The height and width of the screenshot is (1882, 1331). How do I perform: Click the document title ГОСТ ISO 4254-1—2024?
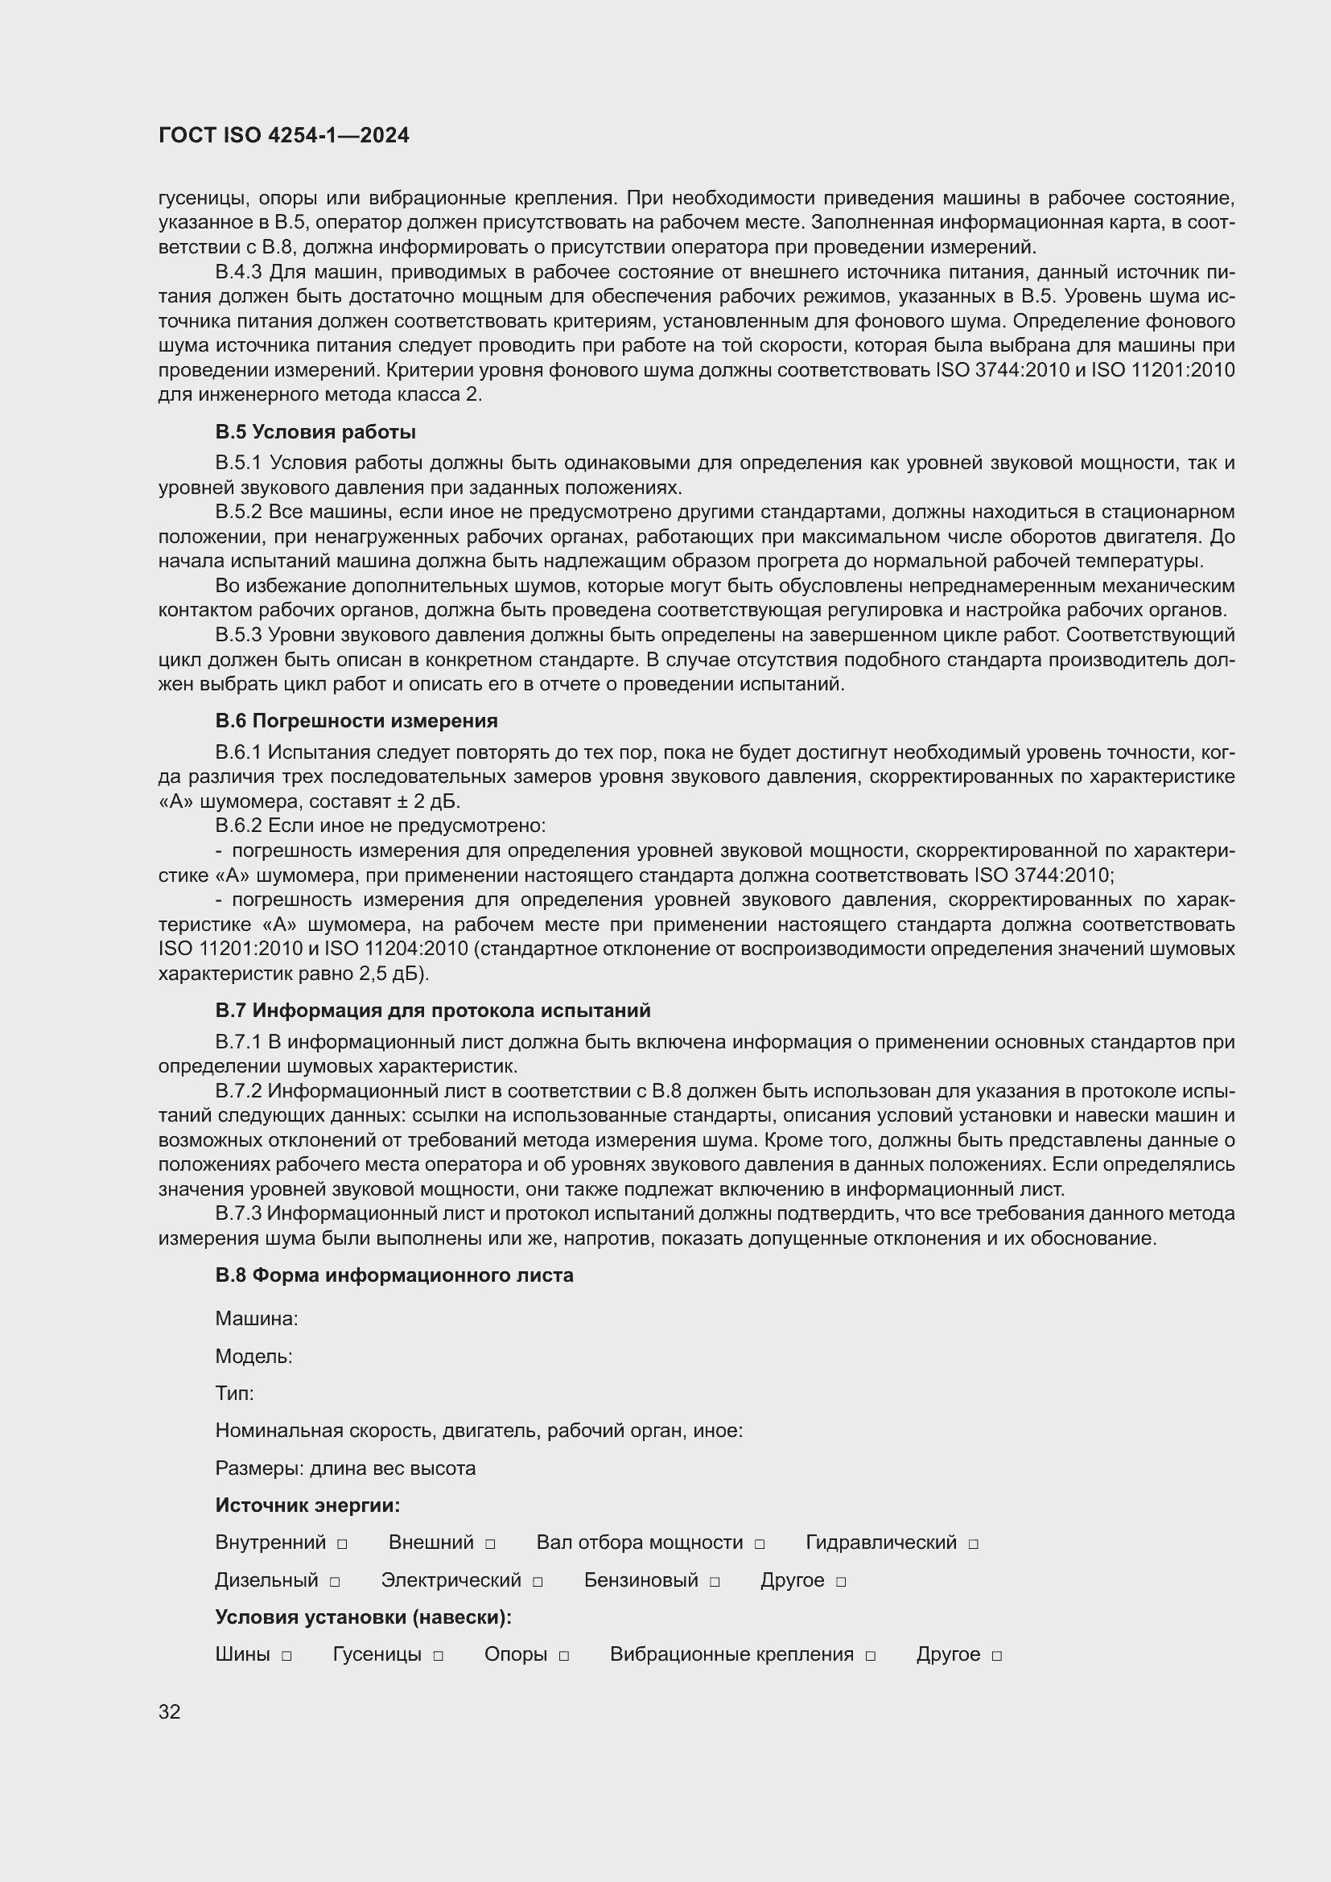point(283,136)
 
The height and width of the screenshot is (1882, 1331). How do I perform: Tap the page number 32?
point(170,1711)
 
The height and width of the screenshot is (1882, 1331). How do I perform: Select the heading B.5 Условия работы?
point(315,432)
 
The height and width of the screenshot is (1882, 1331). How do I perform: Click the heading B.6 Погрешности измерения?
point(356,720)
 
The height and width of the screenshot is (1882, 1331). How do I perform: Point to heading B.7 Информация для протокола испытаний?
point(433,1010)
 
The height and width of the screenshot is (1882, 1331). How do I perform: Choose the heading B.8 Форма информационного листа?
point(394,1275)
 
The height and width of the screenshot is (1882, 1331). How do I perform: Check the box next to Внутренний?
point(343,1544)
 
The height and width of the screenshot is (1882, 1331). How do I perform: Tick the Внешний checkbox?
point(490,1544)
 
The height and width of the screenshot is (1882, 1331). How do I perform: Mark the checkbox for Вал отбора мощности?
point(760,1544)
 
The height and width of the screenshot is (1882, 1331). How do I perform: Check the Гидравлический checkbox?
point(974,1544)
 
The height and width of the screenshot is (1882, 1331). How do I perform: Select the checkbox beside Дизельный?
point(335,1582)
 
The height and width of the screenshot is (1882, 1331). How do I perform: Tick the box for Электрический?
point(538,1582)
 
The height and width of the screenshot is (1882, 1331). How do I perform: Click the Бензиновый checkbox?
point(715,1582)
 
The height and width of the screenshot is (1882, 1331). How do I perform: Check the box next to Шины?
point(286,1656)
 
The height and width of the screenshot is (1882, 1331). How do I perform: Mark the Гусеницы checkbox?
point(439,1656)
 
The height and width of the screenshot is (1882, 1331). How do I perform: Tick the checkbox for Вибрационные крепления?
point(871,1656)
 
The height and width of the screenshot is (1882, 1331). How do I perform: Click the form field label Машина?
point(257,1319)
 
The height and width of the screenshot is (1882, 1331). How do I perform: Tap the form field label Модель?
point(254,1357)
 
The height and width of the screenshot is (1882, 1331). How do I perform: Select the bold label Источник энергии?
point(307,1505)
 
